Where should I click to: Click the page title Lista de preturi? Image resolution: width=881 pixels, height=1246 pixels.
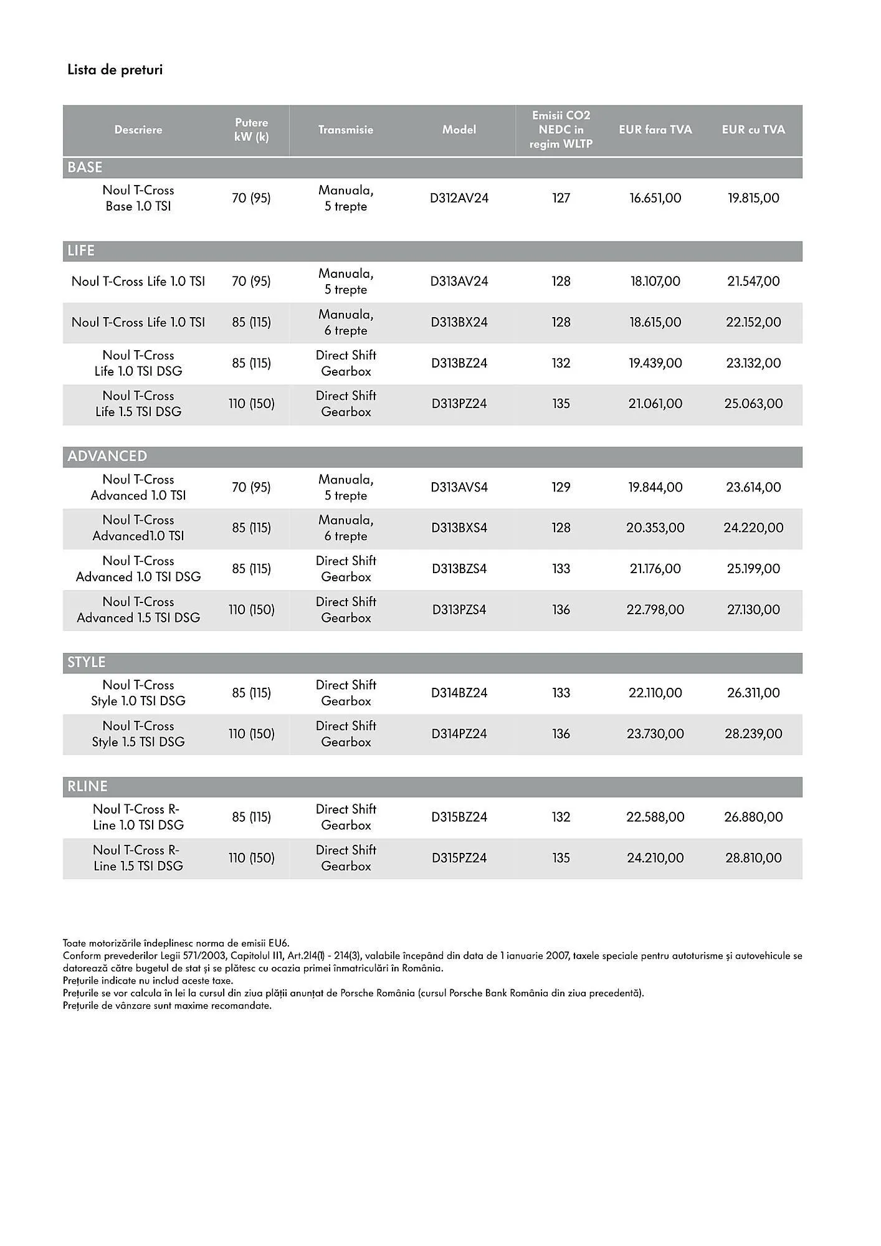[x=115, y=70]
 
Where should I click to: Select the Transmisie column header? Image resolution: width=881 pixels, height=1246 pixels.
[x=346, y=130]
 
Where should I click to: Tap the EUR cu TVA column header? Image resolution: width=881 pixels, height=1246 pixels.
[x=753, y=130]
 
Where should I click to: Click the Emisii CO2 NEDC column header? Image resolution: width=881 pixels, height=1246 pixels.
[x=561, y=130]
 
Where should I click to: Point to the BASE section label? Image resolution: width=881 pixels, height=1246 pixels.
[x=85, y=168]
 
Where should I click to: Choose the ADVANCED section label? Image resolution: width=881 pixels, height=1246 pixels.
[x=107, y=456]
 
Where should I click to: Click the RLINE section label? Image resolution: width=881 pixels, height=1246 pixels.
[x=87, y=786]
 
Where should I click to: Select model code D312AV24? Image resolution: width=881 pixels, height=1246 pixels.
[x=459, y=198]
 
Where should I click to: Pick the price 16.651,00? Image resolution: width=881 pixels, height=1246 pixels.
[x=655, y=198]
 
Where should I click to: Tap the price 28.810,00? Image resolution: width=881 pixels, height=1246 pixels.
[x=753, y=858]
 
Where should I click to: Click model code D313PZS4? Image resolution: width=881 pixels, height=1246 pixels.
[x=459, y=610]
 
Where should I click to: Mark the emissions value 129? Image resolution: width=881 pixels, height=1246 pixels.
[x=561, y=487]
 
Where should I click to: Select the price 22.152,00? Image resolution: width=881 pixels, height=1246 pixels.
[x=753, y=322]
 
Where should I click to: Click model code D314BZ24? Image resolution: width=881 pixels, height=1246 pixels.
[x=459, y=693]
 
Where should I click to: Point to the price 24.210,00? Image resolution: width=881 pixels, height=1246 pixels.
[x=655, y=858]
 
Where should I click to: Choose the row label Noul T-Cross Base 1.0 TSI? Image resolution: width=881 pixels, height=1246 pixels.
[x=138, y=198]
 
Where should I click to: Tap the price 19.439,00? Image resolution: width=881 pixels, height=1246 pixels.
[x=655, y=363]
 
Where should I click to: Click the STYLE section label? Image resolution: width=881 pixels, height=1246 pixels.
[x=87, y=662]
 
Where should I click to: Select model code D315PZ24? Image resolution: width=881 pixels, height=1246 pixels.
[x=459, y=858]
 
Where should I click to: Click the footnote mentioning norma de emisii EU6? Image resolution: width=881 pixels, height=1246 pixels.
[x=176, y=943]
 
